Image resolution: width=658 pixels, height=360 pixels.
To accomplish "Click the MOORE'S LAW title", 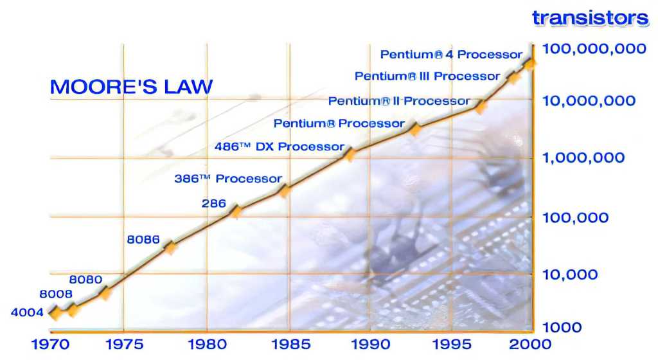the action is coord(131,87).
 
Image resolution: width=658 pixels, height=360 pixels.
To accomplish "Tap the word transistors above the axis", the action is coord(590,18).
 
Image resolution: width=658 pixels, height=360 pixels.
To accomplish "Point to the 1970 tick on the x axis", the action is coord(50,345).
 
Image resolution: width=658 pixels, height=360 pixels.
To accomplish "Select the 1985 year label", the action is coord(291,345).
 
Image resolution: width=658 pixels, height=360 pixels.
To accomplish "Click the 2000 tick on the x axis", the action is coord(530,345).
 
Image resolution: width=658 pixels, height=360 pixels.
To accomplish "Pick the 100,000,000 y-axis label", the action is coord(594,49).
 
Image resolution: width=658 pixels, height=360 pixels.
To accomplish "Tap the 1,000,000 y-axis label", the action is coord(583,157).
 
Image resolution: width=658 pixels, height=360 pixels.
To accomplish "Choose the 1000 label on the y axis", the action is coord(562,327).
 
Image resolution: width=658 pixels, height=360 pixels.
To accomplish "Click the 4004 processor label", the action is coord(27,312).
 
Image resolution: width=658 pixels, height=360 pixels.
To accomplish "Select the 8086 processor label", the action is coord(143,240).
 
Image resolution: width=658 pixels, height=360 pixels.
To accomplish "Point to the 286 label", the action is coord(213,204).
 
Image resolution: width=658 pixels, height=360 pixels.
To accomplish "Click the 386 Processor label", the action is coord(228,179).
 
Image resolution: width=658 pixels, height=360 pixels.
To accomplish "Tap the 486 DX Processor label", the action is coord(279,147).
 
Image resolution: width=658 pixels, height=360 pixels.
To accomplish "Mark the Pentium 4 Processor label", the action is coord(451,55).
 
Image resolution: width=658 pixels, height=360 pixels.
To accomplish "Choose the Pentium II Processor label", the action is coord(398,101).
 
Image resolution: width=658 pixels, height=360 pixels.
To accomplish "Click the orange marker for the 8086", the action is coord(170,248).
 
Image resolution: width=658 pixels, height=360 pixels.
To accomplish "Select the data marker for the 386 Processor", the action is coord(285,191).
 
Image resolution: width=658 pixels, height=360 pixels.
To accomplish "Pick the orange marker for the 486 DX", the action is coord(349,155).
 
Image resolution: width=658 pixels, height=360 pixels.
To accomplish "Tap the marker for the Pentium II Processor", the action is coord(481,107).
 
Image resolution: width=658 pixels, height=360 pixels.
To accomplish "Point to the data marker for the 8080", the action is coord(106,293).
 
